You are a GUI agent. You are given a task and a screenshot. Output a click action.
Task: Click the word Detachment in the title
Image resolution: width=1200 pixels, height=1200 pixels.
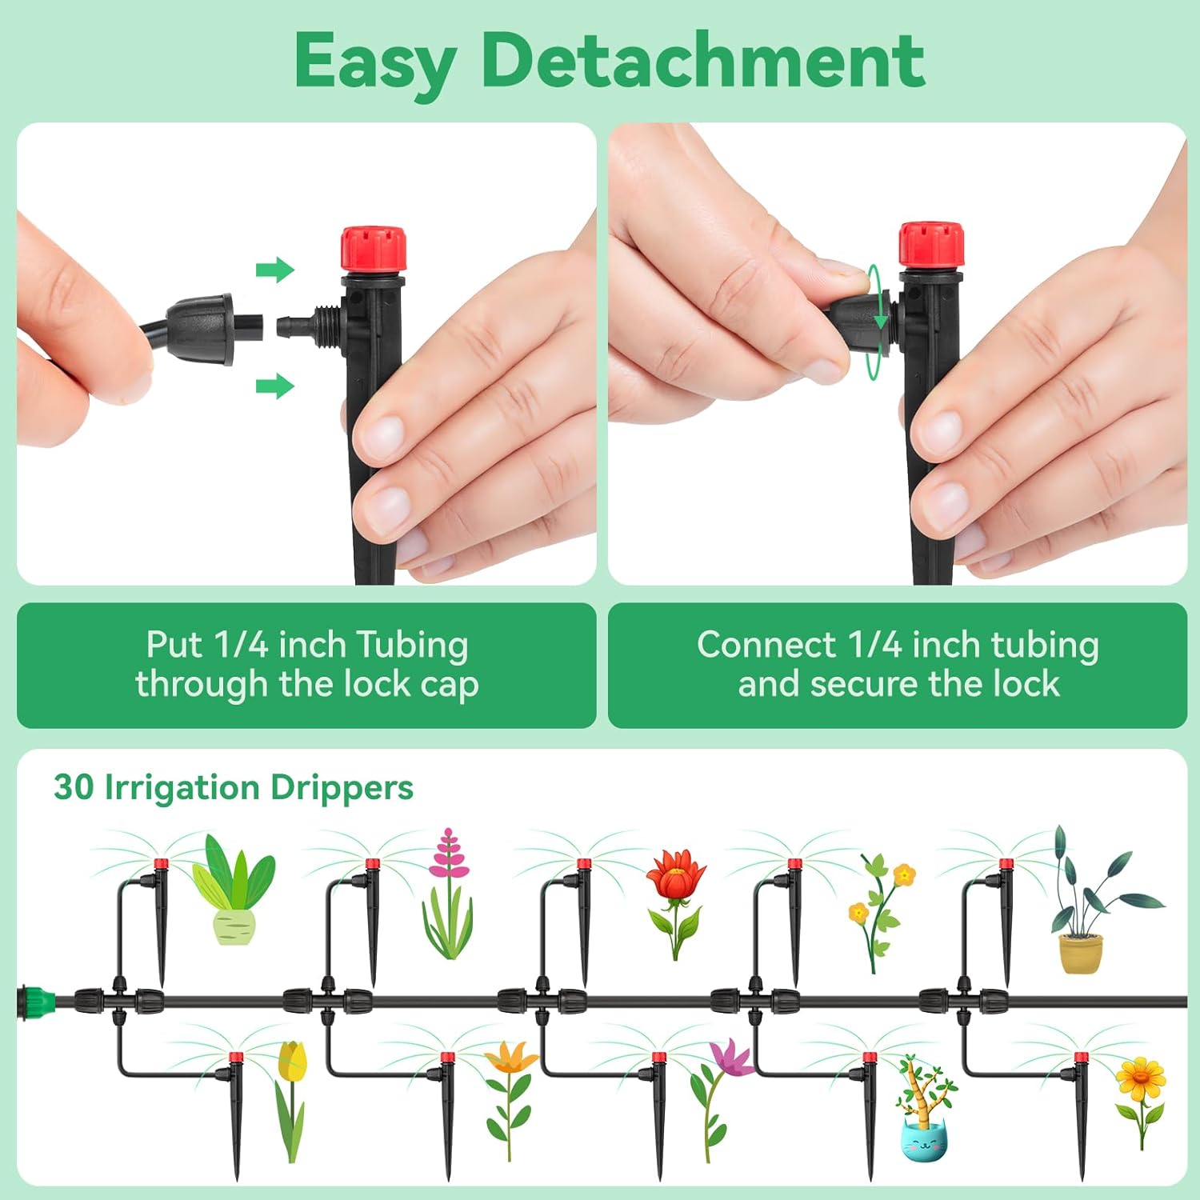point(702,61)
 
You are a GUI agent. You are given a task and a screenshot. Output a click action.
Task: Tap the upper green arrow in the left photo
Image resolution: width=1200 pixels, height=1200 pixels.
point(275,270)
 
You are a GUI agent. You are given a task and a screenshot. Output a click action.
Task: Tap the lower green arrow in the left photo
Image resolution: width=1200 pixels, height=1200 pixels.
point(275,386)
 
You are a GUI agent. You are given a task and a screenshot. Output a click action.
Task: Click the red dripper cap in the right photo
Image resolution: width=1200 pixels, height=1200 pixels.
point(930,245)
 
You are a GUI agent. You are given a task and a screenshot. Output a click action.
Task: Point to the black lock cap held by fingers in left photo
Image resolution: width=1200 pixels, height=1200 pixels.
point(200,328)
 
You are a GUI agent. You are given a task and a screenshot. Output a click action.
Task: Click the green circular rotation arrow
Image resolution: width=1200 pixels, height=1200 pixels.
point(878,322)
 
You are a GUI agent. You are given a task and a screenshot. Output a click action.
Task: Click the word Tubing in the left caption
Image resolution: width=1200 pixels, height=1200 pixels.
point(412,645)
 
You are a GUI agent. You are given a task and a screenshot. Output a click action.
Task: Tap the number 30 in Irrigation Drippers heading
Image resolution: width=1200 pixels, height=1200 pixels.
point(74,787)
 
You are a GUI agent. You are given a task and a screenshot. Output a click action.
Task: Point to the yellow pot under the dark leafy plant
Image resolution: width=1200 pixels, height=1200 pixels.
point(1081,954)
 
